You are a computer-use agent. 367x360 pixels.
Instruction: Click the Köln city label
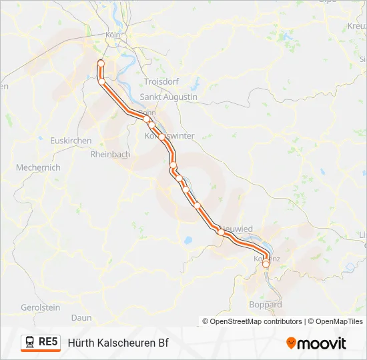point(112,35)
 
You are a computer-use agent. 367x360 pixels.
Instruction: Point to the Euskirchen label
point(71,141)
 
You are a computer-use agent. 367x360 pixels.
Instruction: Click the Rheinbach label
point(110,154)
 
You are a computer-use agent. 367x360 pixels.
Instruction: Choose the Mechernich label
point(38,167)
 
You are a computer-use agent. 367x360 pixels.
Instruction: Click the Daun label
point(81,318)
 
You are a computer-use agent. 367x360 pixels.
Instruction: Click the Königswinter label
point(170,135)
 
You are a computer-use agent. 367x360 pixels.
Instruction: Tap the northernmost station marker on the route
point(101,63)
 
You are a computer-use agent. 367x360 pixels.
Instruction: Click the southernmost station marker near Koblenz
point(266,264)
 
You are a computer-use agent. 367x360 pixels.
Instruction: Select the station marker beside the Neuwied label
point(220,231)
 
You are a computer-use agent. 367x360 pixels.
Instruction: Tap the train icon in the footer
point(30,342)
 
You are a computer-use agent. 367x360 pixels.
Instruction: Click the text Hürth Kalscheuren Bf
point(117,343)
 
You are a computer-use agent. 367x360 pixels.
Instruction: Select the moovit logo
point(316,343)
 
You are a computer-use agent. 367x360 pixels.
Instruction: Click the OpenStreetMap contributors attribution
point(252,321)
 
